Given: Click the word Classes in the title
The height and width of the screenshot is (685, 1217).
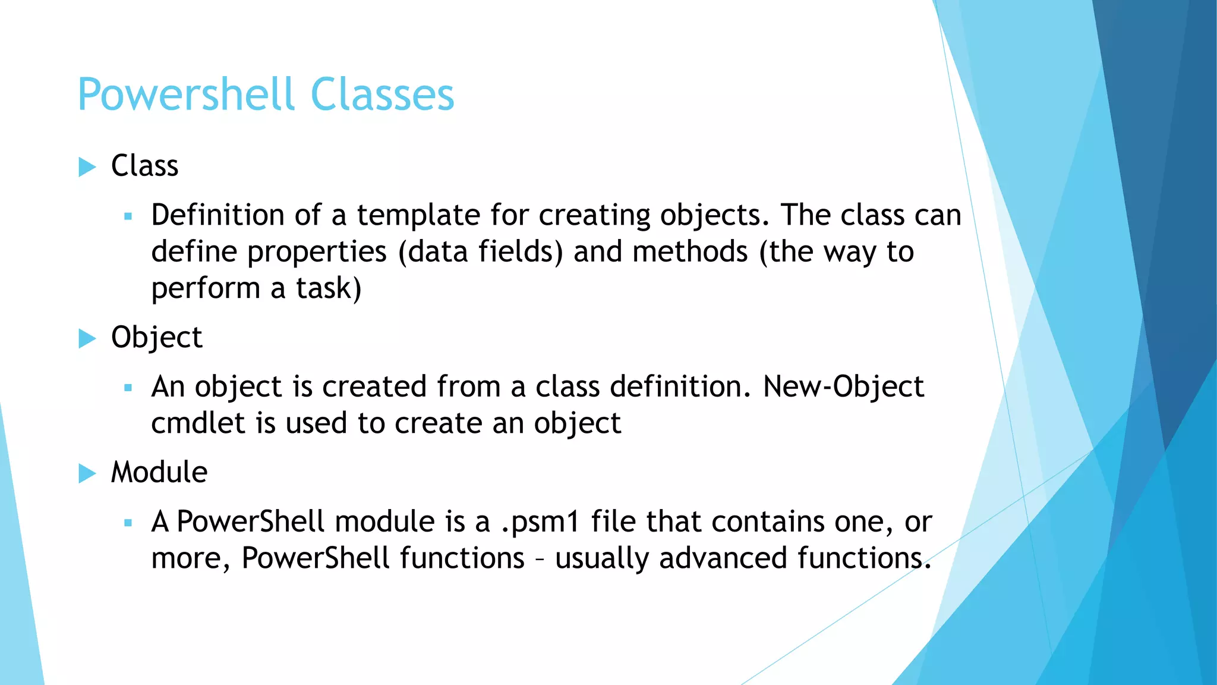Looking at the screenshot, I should [382, 95].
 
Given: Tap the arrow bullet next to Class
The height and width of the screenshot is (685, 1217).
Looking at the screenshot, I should [87, 167].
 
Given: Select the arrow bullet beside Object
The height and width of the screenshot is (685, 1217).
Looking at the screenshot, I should [87, 339].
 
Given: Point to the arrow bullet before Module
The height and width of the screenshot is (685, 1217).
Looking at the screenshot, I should [87, 474].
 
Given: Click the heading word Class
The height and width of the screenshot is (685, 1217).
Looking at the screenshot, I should [144, 166].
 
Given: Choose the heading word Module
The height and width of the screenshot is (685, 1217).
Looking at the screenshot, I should [159, 473].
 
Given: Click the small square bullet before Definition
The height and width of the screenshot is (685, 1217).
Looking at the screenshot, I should [128, 217].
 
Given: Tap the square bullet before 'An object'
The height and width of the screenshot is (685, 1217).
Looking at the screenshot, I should [128, 388].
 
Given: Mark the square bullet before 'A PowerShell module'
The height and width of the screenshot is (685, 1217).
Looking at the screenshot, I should [128, 523].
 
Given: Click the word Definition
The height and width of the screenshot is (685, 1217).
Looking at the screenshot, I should [217, 215].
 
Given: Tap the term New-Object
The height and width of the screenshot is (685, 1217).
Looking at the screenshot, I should [843, 387].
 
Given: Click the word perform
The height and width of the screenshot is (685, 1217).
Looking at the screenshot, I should [206, 290].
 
